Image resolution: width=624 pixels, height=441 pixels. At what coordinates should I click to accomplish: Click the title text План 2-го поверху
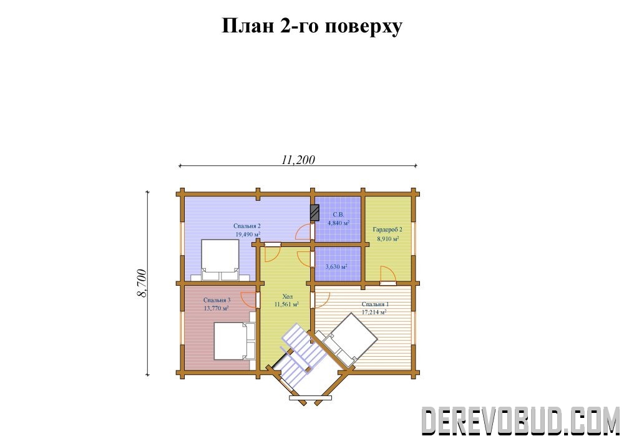(x=311, y=26)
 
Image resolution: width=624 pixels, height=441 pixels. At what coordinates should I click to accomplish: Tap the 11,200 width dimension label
(x=298, y=160)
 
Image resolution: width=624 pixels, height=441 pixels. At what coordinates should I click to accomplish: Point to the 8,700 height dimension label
(x=142, y=284)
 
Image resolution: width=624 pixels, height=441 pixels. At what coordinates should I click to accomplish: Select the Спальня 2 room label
(x=247, y=226)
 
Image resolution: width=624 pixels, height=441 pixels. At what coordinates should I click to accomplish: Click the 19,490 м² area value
(x=248, y=234)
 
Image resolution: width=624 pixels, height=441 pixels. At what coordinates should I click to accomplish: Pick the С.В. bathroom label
(x=338, y=215)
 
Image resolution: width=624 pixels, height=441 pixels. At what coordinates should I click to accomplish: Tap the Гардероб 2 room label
(x=388, y=230)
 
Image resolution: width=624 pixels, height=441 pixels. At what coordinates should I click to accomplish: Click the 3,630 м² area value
(x=336, y=266)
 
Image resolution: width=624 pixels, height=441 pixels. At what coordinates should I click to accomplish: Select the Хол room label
(x=287, y=297)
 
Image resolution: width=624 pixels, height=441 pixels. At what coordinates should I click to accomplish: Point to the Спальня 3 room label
(x=217, y=300)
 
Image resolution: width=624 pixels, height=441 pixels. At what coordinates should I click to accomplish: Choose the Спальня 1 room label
(x=375, y=304)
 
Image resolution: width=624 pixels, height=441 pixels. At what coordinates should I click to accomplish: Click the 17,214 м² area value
(x=374, y=312)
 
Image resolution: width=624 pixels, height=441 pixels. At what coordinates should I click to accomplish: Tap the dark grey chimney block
(x=314, y=213)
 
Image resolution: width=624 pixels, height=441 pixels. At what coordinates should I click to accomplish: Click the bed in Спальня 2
(x=220, y=261)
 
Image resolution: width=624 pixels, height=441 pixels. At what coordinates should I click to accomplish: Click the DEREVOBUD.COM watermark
(x=520, y=420)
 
